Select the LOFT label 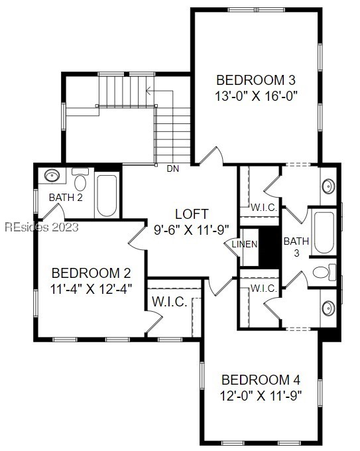(192, 214)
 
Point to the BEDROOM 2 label (91, 273)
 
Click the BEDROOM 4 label (261, 380)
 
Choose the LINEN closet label (244, 245)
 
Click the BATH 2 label (66, 197)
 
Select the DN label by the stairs (173, 169)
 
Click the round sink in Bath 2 (53, 176)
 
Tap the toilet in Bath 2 (81, 181)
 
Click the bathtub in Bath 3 (324, 233)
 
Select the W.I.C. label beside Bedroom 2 (168, 302)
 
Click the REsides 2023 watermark (41, 227)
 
